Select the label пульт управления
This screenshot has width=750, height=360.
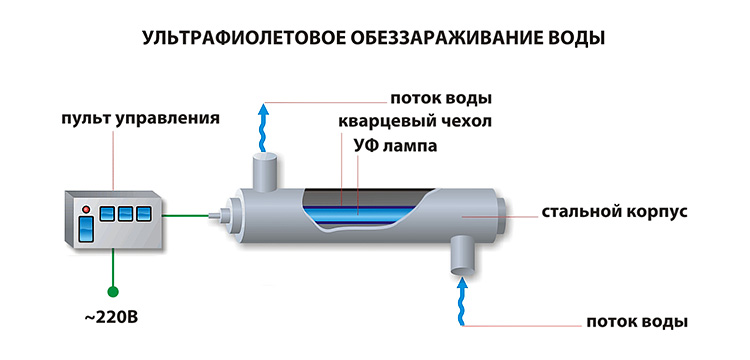(141, 118)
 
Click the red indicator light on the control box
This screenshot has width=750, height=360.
(86, 209)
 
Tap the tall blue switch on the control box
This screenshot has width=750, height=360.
(86, 229)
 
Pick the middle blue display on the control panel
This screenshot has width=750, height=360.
(125, 214)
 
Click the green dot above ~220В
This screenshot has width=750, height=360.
(113, 291)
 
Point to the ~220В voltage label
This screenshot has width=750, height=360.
(111, 317)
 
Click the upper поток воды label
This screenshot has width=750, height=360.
(441, 99)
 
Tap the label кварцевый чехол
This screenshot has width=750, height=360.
(415, 121)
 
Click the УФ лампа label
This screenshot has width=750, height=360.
(396, 145)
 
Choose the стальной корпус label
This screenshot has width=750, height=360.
(615, 212)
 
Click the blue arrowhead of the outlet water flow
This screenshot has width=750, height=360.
(262, 111)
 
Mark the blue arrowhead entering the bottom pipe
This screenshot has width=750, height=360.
(462, 284)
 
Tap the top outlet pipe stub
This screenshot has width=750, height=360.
(265, 171)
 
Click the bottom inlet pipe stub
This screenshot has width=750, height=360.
(462, 256)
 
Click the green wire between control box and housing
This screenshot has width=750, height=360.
(187, 216)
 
